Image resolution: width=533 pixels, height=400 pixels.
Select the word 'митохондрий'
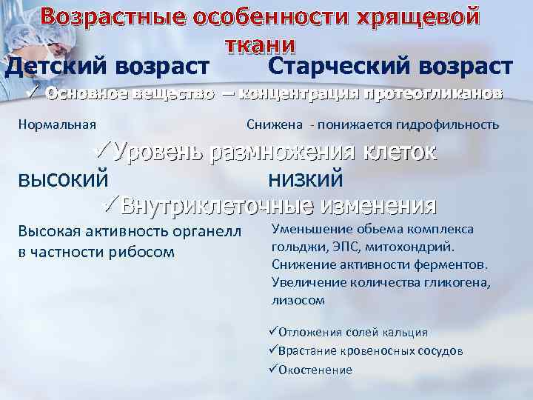[x=414, y=246]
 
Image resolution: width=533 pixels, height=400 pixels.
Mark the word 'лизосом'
[x=299, y=299]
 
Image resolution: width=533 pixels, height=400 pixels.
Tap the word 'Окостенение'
[x=316, y=370]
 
